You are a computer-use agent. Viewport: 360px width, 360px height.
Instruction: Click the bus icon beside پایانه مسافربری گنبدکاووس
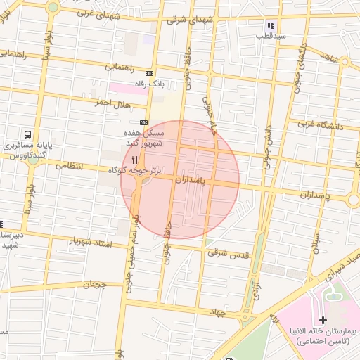[x=27, y=134]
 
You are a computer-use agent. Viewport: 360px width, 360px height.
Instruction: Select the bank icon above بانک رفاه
[x=148, y=73]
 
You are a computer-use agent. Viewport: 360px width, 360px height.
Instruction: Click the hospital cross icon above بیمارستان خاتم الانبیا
[x=323, y=320]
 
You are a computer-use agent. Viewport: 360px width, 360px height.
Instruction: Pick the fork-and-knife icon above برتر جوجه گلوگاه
[x=134, y=160]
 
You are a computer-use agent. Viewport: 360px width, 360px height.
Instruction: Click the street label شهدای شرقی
[x=190, y=20]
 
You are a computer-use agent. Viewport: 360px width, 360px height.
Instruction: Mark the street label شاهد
[x=348, y=60]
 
